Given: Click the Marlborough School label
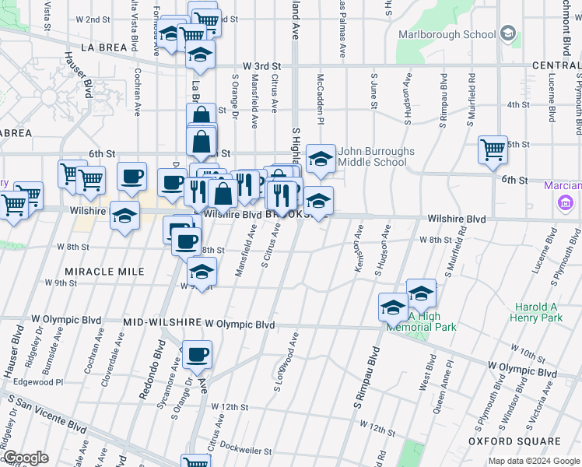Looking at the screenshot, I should [447, 34].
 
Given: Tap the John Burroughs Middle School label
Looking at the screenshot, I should [377, 156].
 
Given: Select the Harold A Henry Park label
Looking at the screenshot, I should [537, 313].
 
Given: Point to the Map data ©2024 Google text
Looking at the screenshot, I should [534, 461].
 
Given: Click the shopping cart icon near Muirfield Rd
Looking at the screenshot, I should [493, 148].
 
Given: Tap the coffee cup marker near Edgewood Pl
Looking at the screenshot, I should [197, 356].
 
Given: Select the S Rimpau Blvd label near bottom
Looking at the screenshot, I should [363, 382].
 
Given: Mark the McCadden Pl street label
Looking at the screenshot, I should [320, 99].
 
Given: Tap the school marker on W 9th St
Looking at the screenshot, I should [202, 273].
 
